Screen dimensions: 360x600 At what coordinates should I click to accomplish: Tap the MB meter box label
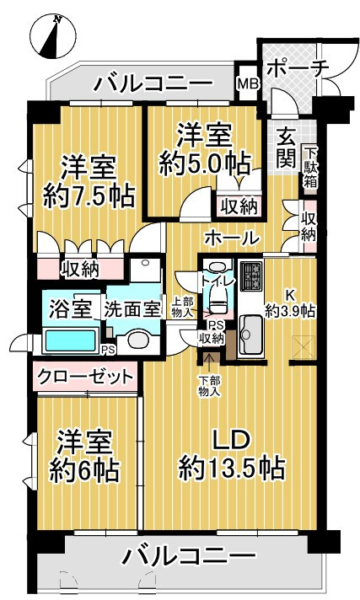pos(248,83)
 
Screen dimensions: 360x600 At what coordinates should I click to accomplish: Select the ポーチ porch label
pos(298,69)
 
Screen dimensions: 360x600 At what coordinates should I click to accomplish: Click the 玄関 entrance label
pos(287,147)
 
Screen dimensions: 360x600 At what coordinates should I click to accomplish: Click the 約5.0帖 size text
pos(205,164)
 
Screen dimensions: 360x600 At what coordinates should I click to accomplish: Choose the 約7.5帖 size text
pos(89,196)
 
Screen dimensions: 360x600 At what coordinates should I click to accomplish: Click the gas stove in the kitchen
pos(251,276)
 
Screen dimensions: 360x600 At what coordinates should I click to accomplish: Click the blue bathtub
pos(71,340)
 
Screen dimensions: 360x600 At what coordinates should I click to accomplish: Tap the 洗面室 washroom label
pos(132,309)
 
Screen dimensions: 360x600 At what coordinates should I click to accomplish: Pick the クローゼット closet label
pos(86,377)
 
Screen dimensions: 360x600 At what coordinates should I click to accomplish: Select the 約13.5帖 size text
pos(232,468)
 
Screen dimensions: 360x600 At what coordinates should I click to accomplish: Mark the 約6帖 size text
pos(83,471)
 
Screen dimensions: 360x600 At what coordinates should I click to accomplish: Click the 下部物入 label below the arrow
pos(209,386)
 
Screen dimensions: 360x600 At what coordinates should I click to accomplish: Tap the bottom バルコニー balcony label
pos(188,554)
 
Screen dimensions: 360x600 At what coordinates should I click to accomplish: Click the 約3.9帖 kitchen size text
pos(291,311)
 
